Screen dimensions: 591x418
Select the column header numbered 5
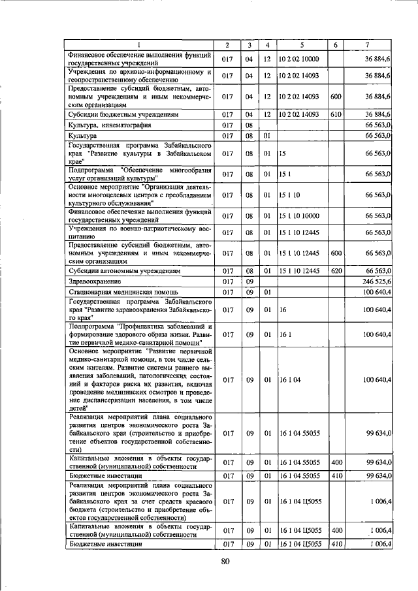pyautogui.click(x=302, y=45)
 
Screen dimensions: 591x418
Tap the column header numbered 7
pyautogui.click(x=368, y=45)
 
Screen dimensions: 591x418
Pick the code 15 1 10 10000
pyautogui.click(x=300, y=216)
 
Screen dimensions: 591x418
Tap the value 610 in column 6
pyautogui.click(x=336, y=114)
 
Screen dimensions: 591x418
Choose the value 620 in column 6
pyautogui.click(x=336, y=270)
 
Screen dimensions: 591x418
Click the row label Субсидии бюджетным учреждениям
pyautogui.click(x=124, y=114)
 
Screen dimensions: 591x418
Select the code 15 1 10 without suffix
pyautogui.click(x=291, y=195)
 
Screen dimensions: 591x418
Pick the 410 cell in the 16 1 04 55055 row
pyautogui.click(x=336, y=476)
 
